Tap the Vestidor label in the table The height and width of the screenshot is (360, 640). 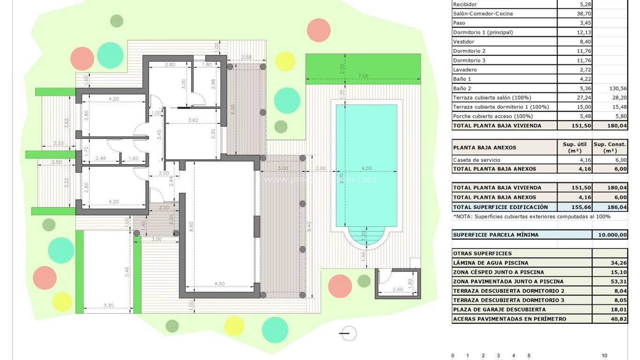tap(464, 42)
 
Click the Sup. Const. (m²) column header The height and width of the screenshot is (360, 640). tap(610, 147)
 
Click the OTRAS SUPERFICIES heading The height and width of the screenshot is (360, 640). tap(476, 254)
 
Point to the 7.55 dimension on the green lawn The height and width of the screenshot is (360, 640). tap(363, 76)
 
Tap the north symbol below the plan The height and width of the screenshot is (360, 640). tap(347, 333)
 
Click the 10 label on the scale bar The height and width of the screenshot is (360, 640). tap(604, 356)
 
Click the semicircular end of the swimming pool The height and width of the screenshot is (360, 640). tap(366, 237)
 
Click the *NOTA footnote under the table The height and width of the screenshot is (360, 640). tap(532, 217)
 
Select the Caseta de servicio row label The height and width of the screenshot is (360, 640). tap(476, 160)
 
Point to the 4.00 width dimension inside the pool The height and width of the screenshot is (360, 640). tap(366, 168)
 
